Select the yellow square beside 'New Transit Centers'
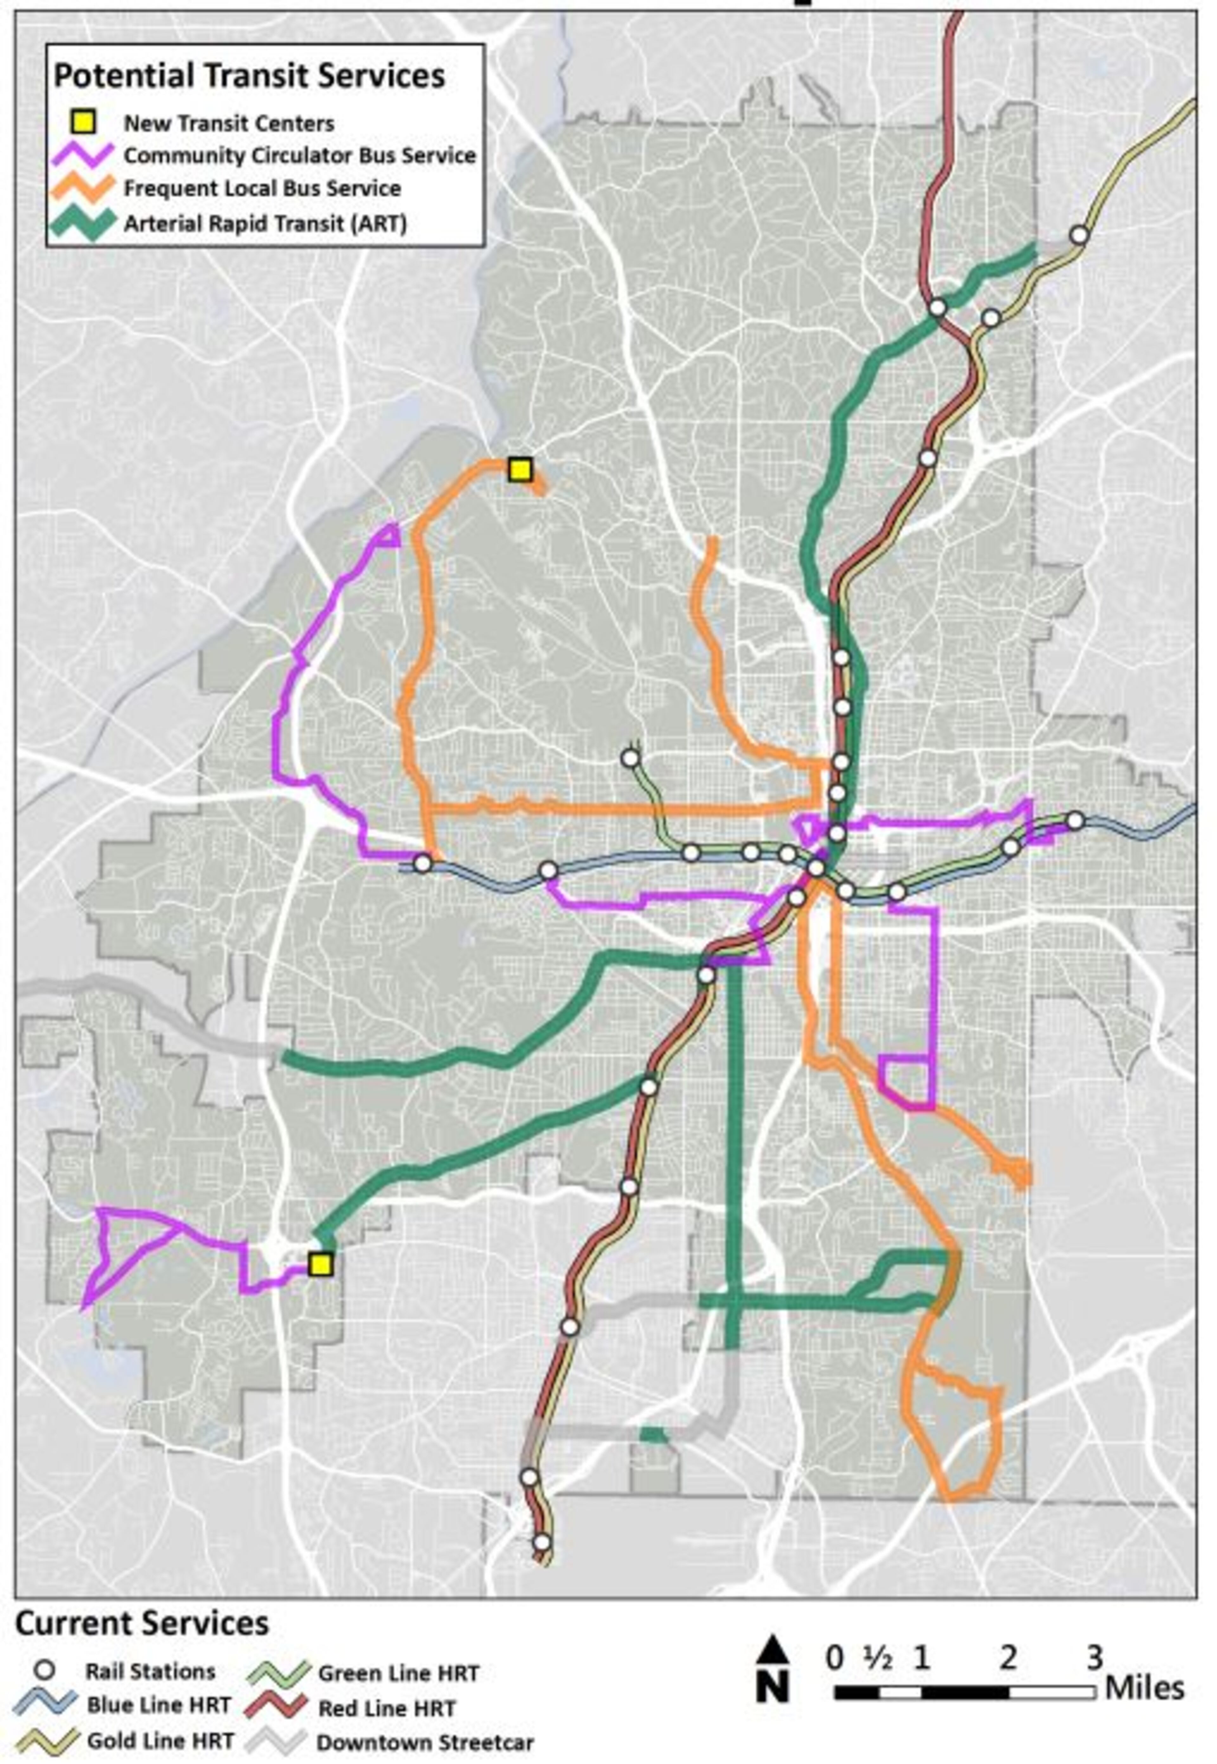click(x=87, y=122)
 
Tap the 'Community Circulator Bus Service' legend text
click(x=300, y=156)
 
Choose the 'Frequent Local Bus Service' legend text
click(x=262, y=188)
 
